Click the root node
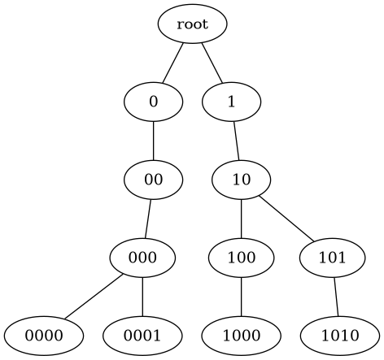[192, 24]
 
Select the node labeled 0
[153, 102]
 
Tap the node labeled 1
[231, 102]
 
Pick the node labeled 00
[153, 180]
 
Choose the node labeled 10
[242, 180]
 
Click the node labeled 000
[143, 258]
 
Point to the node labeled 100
[242, 258]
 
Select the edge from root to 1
[212, 63]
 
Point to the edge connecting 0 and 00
[153, 141]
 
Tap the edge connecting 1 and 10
[236, 141]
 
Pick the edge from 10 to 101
[286, 219]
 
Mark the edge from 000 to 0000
[93, 297]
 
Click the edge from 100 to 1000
[242, 297]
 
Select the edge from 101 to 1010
[335, 297]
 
